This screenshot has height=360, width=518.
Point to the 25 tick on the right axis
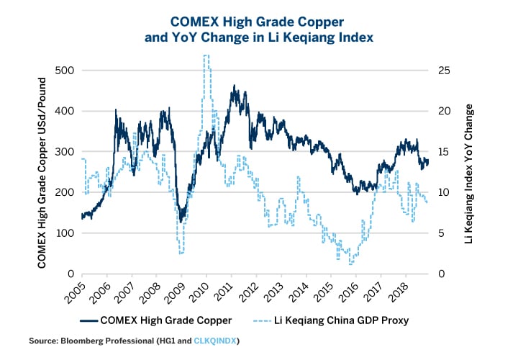(x=445, y=71)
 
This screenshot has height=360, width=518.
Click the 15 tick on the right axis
(x=445, y=152)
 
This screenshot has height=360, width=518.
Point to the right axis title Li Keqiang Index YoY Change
(x=470, y=172)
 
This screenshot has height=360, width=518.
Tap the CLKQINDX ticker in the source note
(x=217, y=341)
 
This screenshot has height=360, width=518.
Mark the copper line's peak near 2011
(x=235, y=86)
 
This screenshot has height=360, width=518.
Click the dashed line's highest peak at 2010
(x=206, y=56)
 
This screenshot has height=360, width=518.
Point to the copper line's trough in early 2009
(x=181, y=220)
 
